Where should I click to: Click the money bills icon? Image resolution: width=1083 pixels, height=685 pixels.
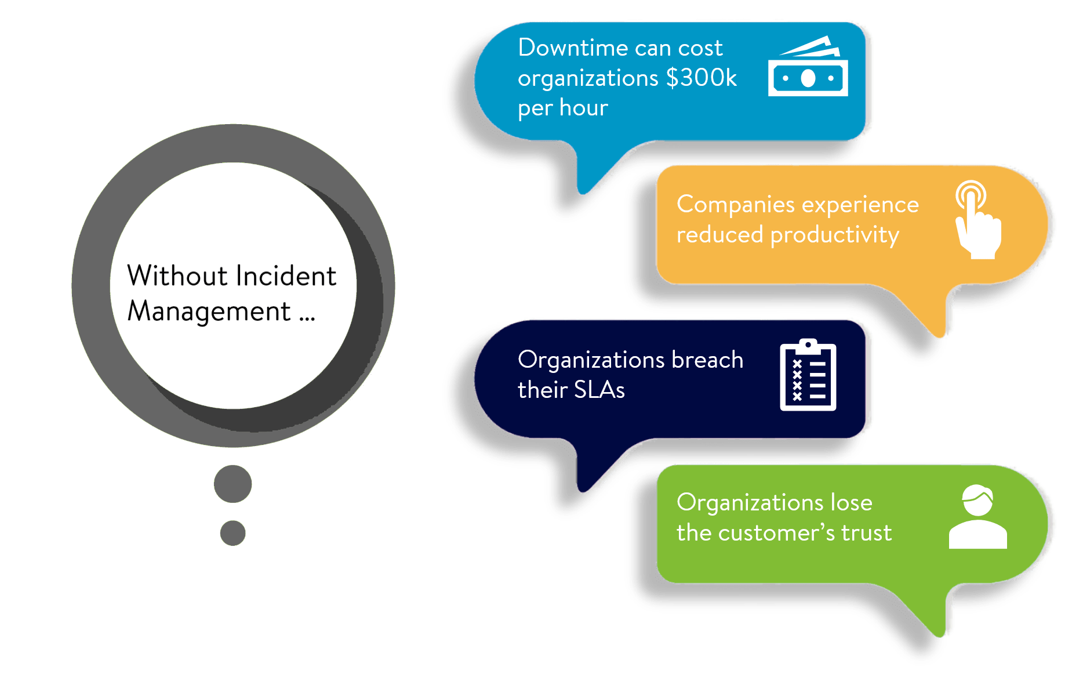click(x=808, y=67)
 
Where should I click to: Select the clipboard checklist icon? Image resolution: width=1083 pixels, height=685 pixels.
click(x=808, y=375)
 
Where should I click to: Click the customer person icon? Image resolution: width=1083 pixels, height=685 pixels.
click(x=977, y=517)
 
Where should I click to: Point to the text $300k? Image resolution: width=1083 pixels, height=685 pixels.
click(x=702, y=78)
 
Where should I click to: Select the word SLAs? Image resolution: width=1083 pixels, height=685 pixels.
click(x=599, y=390)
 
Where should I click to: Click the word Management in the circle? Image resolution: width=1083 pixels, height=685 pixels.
click(x=209, y=312)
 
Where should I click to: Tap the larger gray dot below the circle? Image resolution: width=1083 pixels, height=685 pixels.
click(x=232, y=484)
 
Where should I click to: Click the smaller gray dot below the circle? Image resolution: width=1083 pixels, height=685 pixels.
click(x=232, y=533)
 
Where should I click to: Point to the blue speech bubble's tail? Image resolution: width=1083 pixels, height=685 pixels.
click(x=591, y=174)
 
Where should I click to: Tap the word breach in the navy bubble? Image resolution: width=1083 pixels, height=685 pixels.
click(x=707, y=360)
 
